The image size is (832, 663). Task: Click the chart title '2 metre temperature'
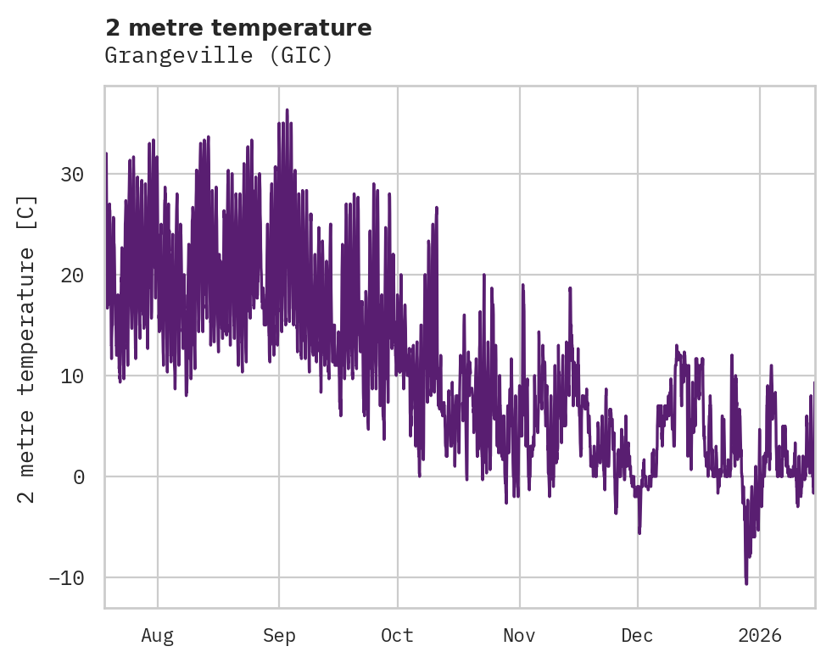[238, 28]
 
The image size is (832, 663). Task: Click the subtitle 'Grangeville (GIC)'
[219, 56]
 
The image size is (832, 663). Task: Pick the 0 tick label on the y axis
[78, 476]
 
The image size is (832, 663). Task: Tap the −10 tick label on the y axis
[67, 577]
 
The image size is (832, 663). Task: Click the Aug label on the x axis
[158, 636]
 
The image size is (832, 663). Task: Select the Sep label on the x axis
[278, 636]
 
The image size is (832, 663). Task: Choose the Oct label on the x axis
[397, 636]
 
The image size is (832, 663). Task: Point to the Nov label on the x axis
[519, 636]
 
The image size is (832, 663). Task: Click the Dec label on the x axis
[637, 636]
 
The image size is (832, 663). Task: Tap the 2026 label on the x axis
[760, 636]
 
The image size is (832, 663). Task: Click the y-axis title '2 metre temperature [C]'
[28, 349]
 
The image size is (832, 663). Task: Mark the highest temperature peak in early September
[287, 110]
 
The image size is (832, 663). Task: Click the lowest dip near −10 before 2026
[746, 582]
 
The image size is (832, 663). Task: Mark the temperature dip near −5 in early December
[639, 532]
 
